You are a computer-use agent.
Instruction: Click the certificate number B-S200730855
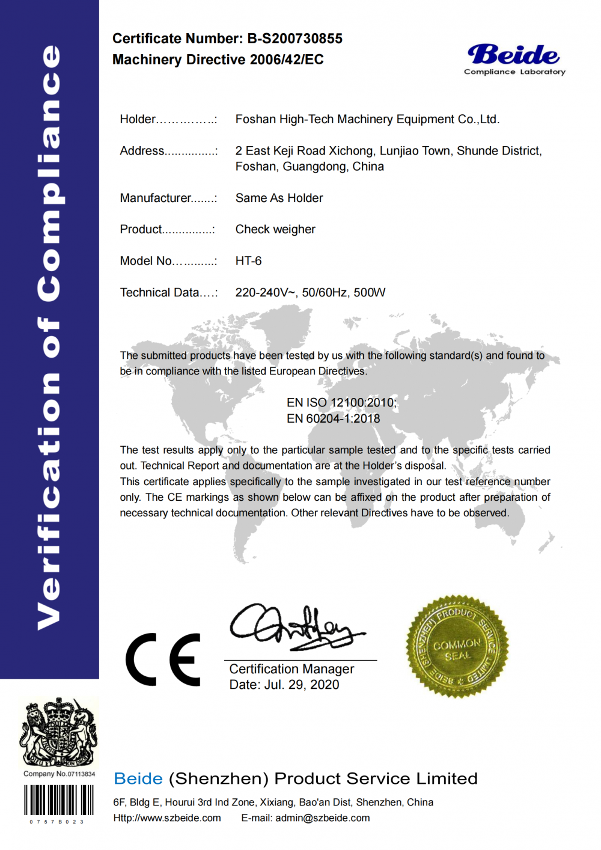pyautogui.click(x=294, y=39)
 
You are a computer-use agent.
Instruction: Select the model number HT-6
pyautogui.click(x=248, y=261)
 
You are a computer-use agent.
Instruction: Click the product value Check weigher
pyautogui.click(x=275, y=230)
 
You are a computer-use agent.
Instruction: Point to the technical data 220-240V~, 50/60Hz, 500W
pyautogui.click(x=310, y=293)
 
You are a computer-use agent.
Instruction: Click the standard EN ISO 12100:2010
pyautogui.click(x=341, y=403)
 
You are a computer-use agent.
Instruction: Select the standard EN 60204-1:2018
pyautogui.click(x=334, y=418)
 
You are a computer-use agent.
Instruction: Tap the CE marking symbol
pyautogui.click(x=163, y=659)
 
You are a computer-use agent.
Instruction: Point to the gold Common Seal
pyautogui.click(x=457, y=647)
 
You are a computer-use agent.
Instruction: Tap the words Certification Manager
pyautogui.click(x=291, y=669)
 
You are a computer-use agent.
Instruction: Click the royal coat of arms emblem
pyautogui.click(x=59, y=732)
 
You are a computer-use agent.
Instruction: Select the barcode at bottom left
pyautogui.click(x=58, y=800)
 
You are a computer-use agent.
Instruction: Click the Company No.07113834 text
pyautogui.click(x=59, y=774)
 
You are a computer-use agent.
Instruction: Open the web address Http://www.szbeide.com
pyautogui.click(x=167, y=818)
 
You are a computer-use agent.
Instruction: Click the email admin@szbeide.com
pyautogui.click(x=322, y=818)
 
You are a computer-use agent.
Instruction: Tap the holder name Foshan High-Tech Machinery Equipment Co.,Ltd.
pyautogui.click(x=367, y=120)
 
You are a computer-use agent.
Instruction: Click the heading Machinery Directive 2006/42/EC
pyautogui.click(x=218, y=60)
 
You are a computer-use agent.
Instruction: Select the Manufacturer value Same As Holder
pyautogui.click(x=279, y=198)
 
